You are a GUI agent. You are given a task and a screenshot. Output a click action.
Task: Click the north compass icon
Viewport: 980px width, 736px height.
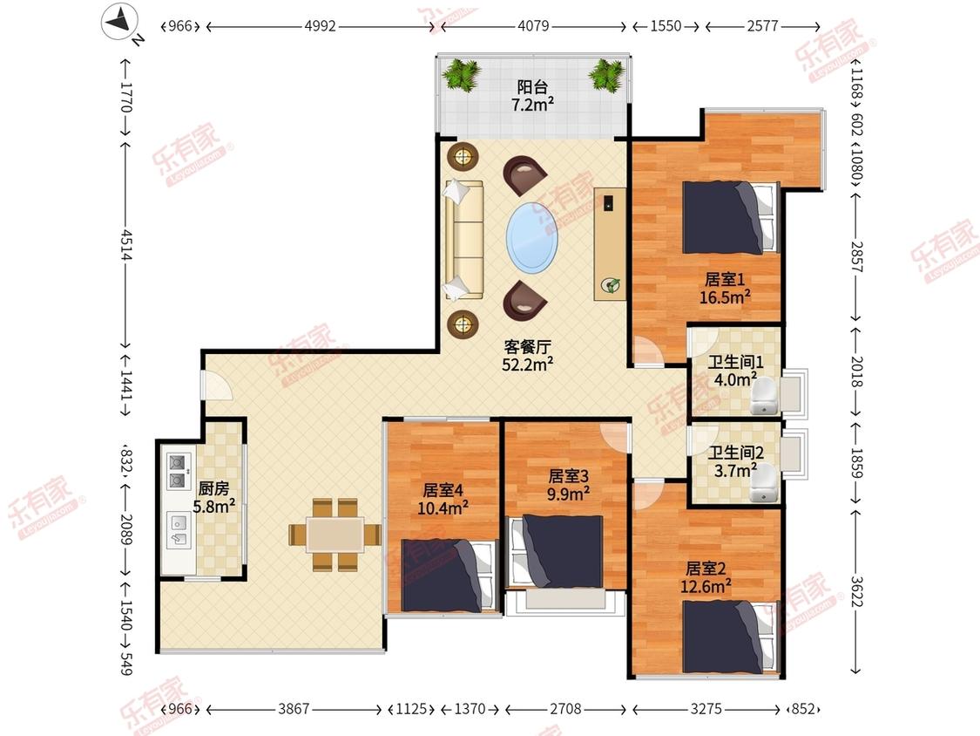120,22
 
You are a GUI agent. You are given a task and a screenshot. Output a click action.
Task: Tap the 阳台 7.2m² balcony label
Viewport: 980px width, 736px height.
532,96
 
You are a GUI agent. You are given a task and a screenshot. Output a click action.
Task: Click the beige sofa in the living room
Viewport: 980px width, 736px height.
463,240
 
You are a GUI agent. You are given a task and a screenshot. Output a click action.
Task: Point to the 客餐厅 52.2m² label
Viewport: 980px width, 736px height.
528,356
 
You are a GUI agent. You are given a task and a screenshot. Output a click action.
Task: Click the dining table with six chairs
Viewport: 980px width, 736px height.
335,535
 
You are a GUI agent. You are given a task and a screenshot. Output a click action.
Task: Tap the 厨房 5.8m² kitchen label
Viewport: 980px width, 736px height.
213,498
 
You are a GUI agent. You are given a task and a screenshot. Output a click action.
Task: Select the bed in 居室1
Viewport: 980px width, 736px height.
731,218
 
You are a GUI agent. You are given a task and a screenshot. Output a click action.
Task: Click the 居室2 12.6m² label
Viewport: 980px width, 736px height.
706,577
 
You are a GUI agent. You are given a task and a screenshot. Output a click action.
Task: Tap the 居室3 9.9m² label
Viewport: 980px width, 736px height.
568,485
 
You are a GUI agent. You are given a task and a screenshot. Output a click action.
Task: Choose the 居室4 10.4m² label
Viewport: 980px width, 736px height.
443,499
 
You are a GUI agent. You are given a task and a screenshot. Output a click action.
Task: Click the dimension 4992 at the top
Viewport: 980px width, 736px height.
320,26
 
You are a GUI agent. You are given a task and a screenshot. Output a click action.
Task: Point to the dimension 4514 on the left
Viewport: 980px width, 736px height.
127,245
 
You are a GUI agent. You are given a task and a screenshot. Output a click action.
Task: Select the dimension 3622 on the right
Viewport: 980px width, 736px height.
856,591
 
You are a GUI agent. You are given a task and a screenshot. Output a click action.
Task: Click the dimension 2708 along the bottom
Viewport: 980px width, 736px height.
565,709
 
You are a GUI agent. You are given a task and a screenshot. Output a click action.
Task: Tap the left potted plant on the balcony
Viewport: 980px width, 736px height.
462,74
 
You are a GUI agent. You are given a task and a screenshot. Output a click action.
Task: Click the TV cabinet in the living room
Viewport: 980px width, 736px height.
610,243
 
